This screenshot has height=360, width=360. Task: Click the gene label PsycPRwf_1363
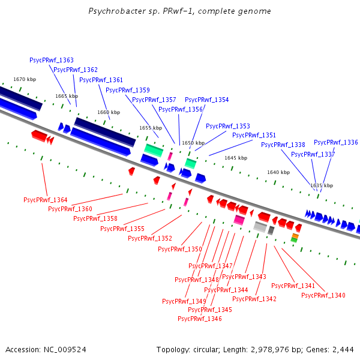[x=52, y=60]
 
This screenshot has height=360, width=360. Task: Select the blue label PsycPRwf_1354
[x=206, y=100]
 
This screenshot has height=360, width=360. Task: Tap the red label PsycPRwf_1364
[x=46, y=200]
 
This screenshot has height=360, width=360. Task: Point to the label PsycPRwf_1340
[x=323, y=295]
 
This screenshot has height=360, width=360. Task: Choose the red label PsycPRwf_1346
[x=200, y=319]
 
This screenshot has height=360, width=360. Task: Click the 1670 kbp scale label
[x=25, y=79]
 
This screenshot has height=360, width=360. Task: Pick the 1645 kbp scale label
[x=236, y=158]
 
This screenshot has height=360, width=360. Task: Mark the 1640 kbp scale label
[x=278, y=172]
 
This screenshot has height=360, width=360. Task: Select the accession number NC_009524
[x=65, y=350]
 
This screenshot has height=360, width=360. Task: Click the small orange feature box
[x=295, y=236]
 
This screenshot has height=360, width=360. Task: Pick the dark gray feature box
[x=271, y=230]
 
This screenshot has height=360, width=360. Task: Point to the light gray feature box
[x=260, y=227]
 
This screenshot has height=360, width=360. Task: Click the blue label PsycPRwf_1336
[x=336, y=143]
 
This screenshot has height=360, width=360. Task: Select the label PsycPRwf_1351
[x=254, y=135]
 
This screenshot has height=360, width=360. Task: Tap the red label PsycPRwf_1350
[x=180, y=249]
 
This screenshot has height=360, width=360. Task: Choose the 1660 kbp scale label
[x=109, y=112]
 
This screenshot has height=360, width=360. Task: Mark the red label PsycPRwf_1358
[x=95, y=218]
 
